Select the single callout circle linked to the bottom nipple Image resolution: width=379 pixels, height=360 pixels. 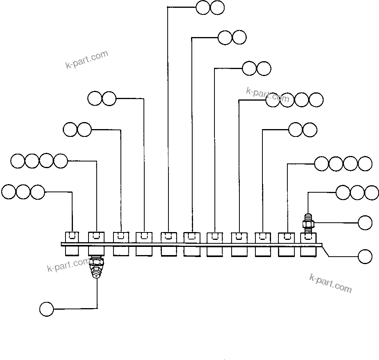tap(46, 309)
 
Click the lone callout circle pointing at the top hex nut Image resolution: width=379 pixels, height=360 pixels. tap(365, 223)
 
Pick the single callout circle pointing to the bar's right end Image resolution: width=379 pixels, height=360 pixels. tap(365, 257)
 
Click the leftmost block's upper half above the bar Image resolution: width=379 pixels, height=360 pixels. tap(72, 236)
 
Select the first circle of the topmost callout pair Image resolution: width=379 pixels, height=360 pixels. tap(203, 7)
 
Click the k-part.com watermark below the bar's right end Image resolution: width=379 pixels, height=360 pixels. tap(330, 283)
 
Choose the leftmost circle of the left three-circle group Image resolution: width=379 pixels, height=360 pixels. tap(9, 192)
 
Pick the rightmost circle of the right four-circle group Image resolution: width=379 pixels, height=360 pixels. tap(365, 163)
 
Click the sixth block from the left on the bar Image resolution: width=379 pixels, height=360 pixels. tap(191, 244)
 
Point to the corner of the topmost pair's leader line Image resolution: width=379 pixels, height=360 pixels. tap(168, 7)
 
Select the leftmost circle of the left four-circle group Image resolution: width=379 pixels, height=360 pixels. tap(18, 161)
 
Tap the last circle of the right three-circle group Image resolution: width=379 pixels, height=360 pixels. tap(372, 192)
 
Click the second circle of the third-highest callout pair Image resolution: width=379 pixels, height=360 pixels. tap(264, 69)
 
